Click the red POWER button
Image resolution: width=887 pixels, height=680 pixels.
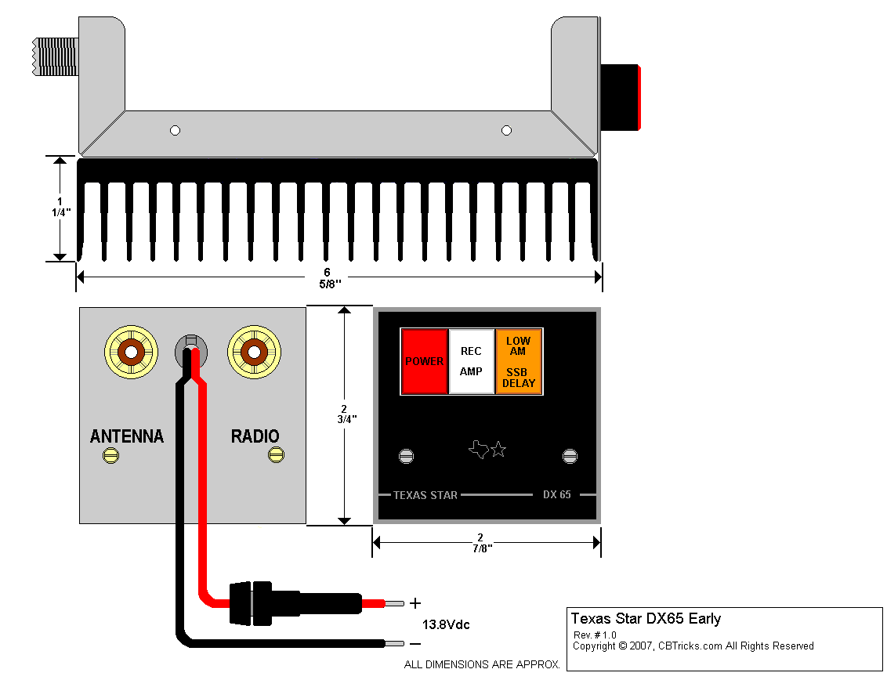pos(424,361)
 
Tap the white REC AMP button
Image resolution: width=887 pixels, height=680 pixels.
pos(471,361)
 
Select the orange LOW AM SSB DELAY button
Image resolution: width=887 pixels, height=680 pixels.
pos(519,361)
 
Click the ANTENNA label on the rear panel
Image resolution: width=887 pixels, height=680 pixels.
pos(127,436)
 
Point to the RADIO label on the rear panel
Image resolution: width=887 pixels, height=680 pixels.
pos(255,436)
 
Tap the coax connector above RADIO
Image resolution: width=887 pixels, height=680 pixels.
pos(254,352)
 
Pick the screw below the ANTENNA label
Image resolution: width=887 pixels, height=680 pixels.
pos(111,455)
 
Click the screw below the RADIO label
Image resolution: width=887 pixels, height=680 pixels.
pos(276,455)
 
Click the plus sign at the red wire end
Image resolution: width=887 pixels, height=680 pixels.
pos(415,603)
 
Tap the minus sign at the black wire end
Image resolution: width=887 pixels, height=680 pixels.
pos(415,644)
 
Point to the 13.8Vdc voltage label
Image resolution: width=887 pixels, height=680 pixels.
pos(446,624)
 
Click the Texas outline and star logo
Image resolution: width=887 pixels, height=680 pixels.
pos(487,450)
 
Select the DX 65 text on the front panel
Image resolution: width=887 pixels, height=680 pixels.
pos(557,495)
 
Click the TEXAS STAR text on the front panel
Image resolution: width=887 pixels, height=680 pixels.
pos(425,495)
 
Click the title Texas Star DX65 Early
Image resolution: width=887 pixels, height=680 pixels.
pos(646,619)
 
